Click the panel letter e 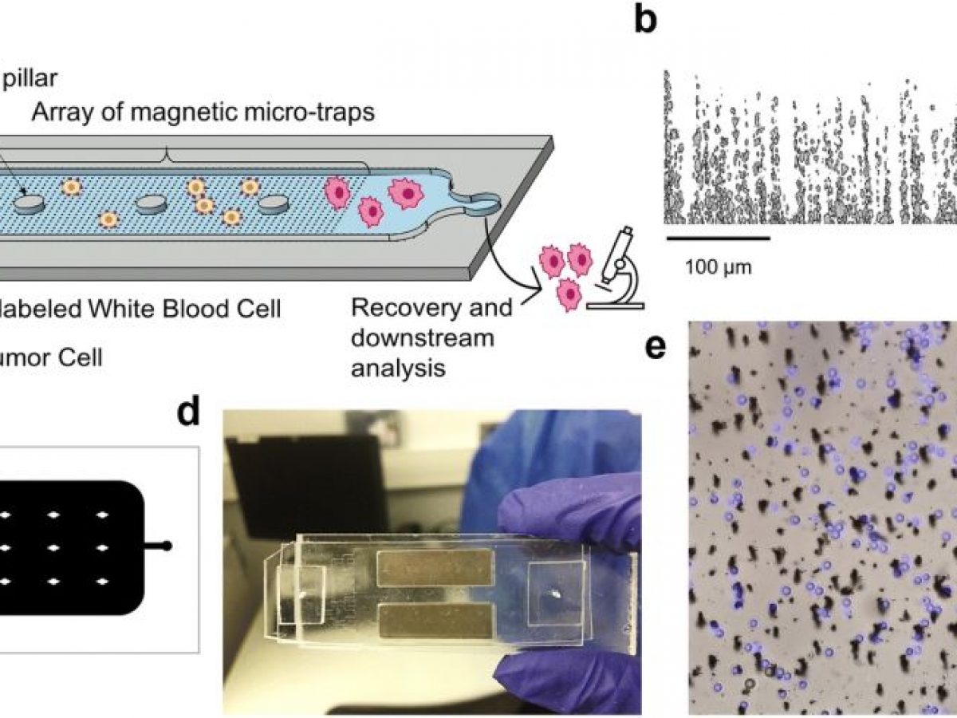pyautogui.click(x=656, y=349)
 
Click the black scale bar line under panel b pyautogui.click(x=717, y=237)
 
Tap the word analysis pyautogui.click(x=399, y=368)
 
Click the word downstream pyautogui.click(x=423, y=338)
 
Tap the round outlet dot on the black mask pyautogui.click(x=167, y=546)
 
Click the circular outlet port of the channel pyautogui.click(x=481, y=206)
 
